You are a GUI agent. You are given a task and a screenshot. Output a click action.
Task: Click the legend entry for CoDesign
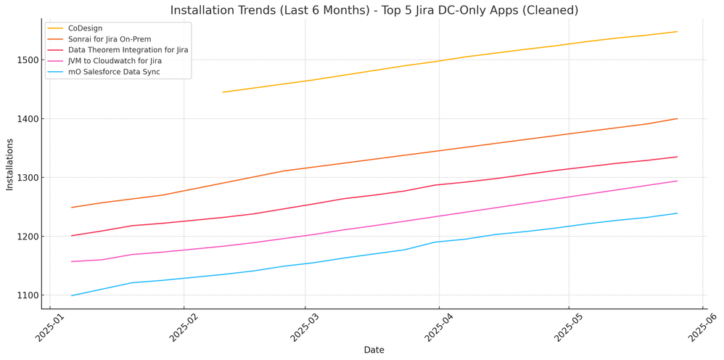(85, 28)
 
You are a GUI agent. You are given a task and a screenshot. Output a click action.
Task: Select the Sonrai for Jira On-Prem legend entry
(110, 39)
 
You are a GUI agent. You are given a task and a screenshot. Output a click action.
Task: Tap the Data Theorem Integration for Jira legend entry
(128, 50)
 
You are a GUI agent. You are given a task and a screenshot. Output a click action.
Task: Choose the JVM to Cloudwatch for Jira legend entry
(115, 61)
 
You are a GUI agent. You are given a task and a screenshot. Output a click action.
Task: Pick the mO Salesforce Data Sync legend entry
(115, 72)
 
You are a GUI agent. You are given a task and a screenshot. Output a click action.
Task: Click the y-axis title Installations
(9, 164)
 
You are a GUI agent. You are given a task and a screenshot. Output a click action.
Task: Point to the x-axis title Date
(374, 350)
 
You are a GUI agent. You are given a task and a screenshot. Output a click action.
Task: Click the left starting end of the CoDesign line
(223, 92)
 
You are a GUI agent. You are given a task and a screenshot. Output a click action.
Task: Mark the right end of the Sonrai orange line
(677, 118)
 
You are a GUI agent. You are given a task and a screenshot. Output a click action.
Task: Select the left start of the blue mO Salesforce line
(72, 295)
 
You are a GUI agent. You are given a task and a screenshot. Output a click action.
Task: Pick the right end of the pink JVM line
(677, 181)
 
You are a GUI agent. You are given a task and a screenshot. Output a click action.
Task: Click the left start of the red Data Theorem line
(72, 235)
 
